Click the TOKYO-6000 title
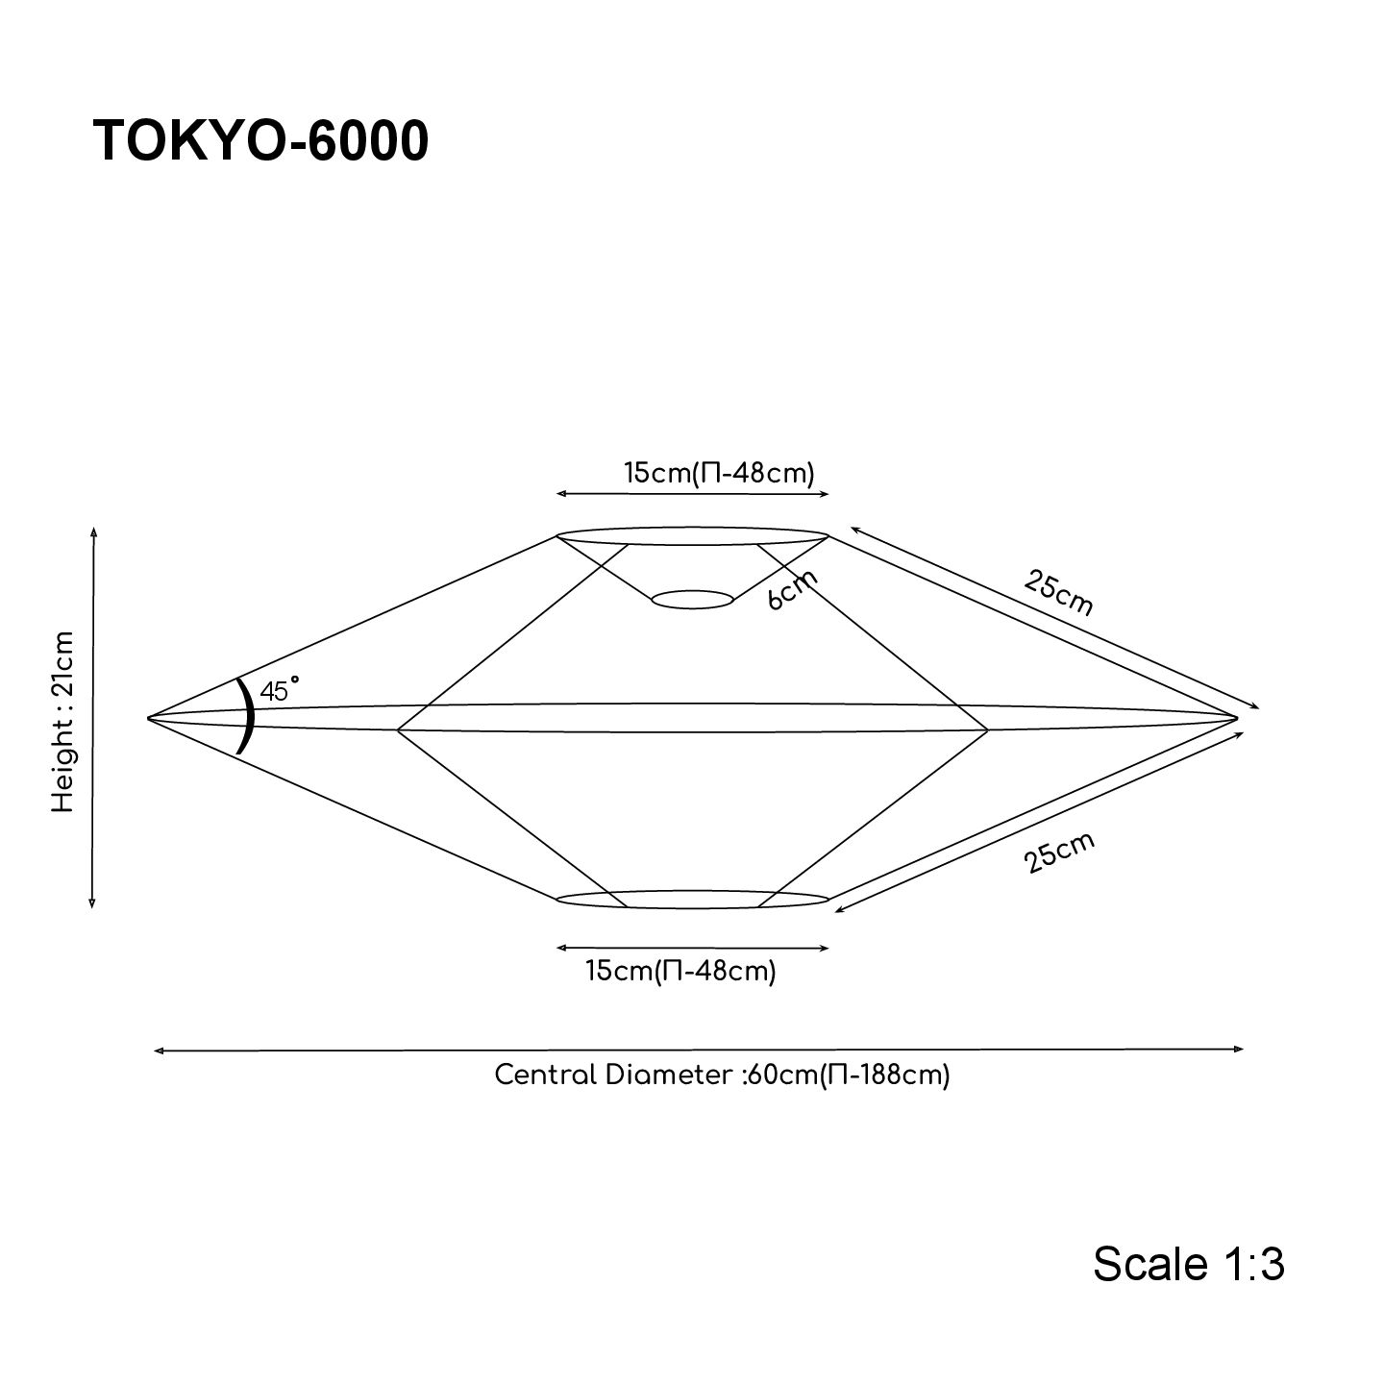[x=260, y=142]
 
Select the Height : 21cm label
[x=63, y=722]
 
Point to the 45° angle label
[x=279, y=689]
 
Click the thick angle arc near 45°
[x=249, y=717]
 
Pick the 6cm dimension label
[x=793, y=590]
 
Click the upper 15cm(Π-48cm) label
[x=719, y=473]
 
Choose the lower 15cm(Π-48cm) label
[x=680, y=971]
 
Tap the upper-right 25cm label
[x=1058, y=592]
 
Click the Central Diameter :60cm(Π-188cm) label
[x=722, y=1075]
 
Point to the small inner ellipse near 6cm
[x=692, y=600]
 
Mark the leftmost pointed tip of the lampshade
[x=150, y=718]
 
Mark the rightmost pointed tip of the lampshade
[x=1235, y=717]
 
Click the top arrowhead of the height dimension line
[x=93, y=531]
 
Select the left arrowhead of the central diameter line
[x=158, y=1051]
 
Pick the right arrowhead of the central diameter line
[x=1241, y=1050]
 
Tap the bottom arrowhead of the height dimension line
[x=92, y=903]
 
